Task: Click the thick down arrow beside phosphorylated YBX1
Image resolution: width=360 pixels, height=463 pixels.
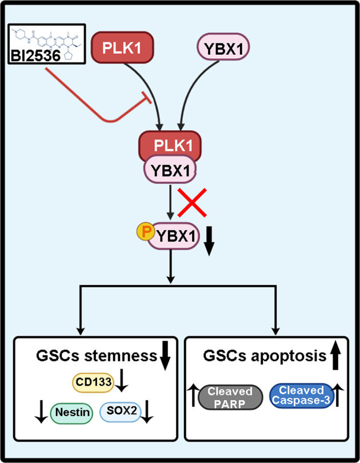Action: [209, 244]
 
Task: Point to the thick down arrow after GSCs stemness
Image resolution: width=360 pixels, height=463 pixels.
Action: [166, 359]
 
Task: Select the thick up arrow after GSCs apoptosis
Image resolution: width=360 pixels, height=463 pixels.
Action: [335, 358]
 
